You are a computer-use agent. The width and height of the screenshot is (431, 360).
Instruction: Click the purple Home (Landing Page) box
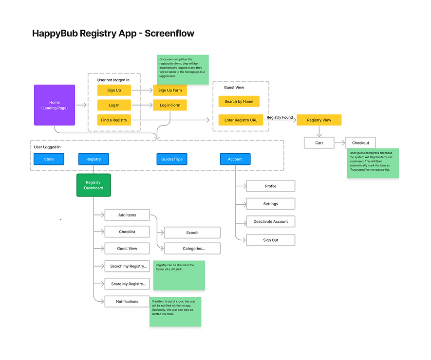(x=55, y=105)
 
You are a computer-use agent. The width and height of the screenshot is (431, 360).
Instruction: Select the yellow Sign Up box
(x=114, y=90)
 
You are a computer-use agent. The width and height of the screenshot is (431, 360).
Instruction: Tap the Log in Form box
(x=169, y=105)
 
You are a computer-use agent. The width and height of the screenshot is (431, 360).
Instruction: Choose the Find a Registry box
(x=114, y=120)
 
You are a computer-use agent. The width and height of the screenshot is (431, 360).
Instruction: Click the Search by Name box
(x=239, y=101)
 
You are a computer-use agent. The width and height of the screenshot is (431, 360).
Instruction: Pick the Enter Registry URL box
(x=241, y=120)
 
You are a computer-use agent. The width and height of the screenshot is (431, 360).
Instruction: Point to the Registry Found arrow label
(x=280, y=117)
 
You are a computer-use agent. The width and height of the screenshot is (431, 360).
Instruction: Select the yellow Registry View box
(x=319, y=120)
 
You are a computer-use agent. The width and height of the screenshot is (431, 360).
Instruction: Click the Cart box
(x=319, y=143)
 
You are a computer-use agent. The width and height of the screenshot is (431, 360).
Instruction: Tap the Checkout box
(x=360, y=143)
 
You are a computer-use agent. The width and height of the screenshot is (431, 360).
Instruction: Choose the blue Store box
(x=49, y=159)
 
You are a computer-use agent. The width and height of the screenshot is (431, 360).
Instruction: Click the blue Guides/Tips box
(x=172, y=159)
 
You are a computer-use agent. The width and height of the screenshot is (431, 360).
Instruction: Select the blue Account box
(x=235, y=159)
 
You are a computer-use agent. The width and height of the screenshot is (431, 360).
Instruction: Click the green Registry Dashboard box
(x=94, y=185)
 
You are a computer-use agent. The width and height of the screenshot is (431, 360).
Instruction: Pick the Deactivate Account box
(x=270, y=221)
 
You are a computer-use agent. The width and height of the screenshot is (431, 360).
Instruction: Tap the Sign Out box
(x=270, y=240)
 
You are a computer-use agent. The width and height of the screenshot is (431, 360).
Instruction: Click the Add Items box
(x=127, y=215)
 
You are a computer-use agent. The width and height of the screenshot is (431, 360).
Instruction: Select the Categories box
(x=192, y=249)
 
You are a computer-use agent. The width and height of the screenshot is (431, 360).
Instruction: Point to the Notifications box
(x=127, y=302)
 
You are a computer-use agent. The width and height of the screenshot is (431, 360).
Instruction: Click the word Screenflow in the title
(x=169, y=34)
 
